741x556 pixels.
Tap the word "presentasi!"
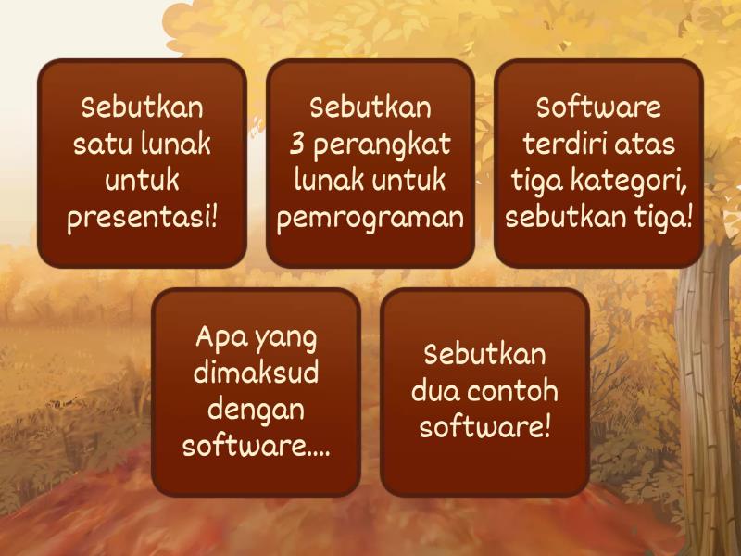pyautogui.click(x=142, y=219)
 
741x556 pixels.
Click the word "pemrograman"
pyautogui.click(x=370, y=220)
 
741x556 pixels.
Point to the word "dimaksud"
pyautogui.click(x=256, y=373)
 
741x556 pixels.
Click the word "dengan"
pyautogui.click(x=256, y=410)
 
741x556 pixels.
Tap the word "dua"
pyautogui.click(x=433, y=390)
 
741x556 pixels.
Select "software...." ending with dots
pyautogui.click(x=256, y=446)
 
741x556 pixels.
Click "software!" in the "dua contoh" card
pyautogui.click(x=484, y=427)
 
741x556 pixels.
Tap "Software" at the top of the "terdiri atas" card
pyautogui.click(x=598, y=107)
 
